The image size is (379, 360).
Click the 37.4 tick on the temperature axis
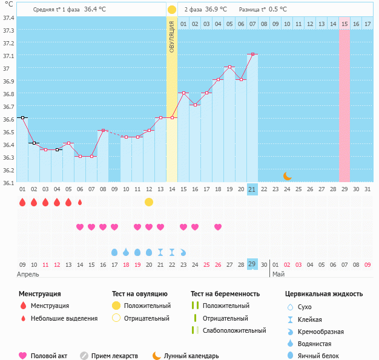[x=8, y=18]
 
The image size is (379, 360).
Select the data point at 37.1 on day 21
[x=252, y=54]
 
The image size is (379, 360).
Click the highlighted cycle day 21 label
[x=252, y=189]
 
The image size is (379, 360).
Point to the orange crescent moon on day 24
[x=288, y=176]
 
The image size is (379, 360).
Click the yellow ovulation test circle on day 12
[x=149, y=202]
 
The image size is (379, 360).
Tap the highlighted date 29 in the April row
[x=252, y=264]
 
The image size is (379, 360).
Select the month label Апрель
[x=28, y=274]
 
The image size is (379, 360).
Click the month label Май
[x=278, y=274]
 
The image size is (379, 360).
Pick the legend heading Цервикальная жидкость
[x=324, y=294]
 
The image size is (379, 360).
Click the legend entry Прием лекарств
[x=114, y=356]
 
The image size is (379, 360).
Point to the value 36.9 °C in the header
[x=217, y=10]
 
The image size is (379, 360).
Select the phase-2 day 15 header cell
[x=344, y=24]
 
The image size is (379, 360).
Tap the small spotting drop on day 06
[x=80, y=202]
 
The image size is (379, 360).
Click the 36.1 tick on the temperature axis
[x=8, y=183]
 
